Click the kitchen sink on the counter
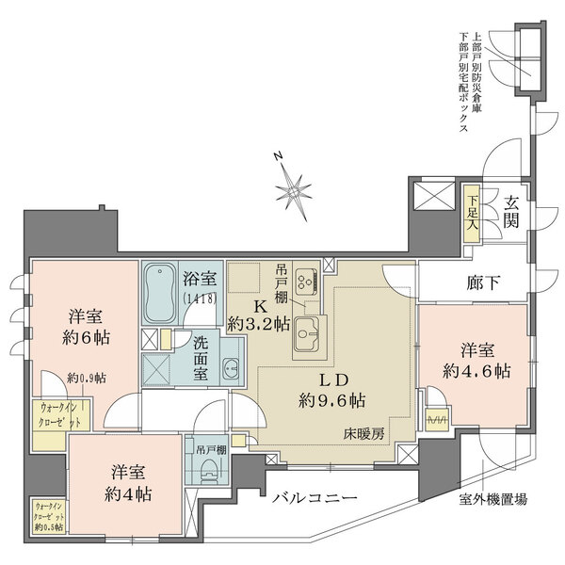coord(306,331)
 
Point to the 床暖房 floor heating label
coord(363,435)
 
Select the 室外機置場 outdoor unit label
coord(492,498)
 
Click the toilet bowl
coord(212,475)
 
